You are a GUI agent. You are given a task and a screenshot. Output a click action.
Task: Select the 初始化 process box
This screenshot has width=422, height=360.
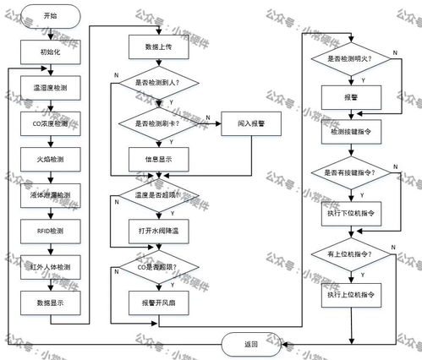51,52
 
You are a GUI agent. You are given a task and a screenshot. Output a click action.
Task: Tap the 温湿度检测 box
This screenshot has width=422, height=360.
51,88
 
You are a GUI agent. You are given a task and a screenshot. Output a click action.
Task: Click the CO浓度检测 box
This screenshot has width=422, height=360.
51,123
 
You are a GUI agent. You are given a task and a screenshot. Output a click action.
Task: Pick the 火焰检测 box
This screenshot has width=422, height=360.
51,159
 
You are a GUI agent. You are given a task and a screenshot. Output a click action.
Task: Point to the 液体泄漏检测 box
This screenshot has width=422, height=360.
51,195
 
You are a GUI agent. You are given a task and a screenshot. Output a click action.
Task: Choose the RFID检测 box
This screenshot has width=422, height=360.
51,231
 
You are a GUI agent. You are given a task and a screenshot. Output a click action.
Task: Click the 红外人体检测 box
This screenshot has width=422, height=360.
51,267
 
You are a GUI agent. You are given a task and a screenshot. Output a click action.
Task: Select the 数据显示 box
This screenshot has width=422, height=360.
51,303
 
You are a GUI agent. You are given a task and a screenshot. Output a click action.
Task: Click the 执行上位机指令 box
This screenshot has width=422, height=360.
350,297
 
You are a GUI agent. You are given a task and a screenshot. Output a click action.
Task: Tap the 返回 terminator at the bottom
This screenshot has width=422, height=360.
251,343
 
